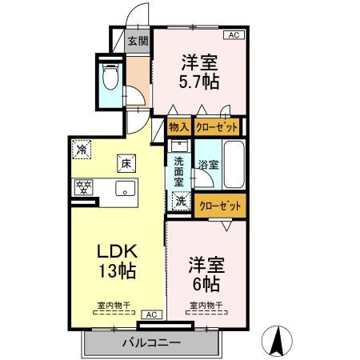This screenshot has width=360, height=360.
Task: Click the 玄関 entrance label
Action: tap(137, 42)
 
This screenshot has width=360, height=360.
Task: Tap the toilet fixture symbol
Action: tap(111, 78)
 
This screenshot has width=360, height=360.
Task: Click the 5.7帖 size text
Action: tap(199, 81)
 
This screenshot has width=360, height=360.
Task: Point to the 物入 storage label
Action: tap(179, 126)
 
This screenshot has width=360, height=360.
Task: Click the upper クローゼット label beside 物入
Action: tap(217, 126)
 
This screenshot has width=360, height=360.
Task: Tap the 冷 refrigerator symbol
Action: tap(82, 148)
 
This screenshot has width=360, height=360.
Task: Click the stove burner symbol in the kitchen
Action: tap(82, 189)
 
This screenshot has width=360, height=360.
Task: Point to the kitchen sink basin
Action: tap(124, 190)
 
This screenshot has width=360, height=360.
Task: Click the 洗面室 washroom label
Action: tap(179, 170)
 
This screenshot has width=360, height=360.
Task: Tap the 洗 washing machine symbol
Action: tap(182, 202)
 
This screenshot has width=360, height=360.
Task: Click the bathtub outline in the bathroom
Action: tap(233, 166)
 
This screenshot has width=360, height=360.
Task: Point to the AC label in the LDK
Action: tap(150, 315)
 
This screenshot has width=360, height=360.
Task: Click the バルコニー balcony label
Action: tap(151, 342)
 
